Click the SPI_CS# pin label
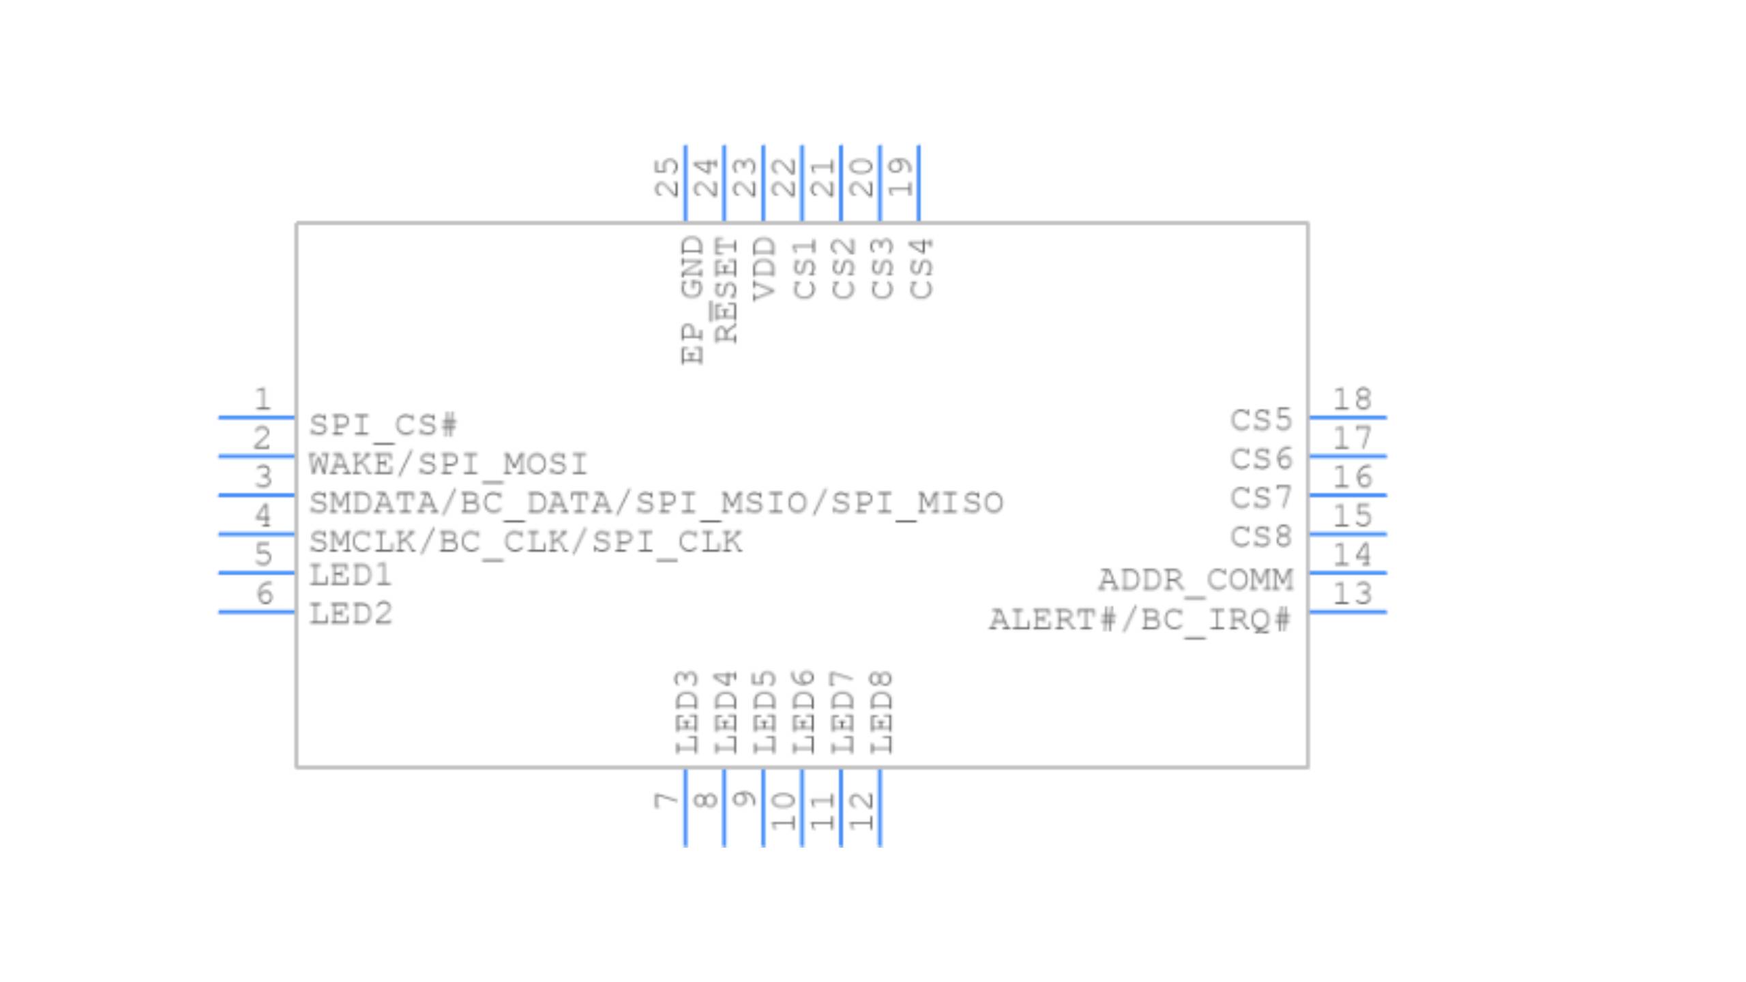[383, 426]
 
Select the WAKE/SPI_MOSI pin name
[448, 464]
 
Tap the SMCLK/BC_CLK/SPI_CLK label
[525, 542]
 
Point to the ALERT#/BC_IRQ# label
[1140, 621]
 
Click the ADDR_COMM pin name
[1196, 581]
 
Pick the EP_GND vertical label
[692, 300]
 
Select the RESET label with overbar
[726, 290]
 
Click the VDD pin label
[765, 269]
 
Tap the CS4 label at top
[921, 269]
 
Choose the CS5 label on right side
[1261, 420]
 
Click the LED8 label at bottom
[881, 713]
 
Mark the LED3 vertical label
[687, 713]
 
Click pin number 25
[666, 177]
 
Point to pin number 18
[1352, 400]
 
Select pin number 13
[1352, 594]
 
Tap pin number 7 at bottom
[666, 800]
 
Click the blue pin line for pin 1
[256, 417]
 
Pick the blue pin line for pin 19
[919, 183]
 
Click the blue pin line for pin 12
[881, 808]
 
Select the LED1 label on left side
[351, 576]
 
